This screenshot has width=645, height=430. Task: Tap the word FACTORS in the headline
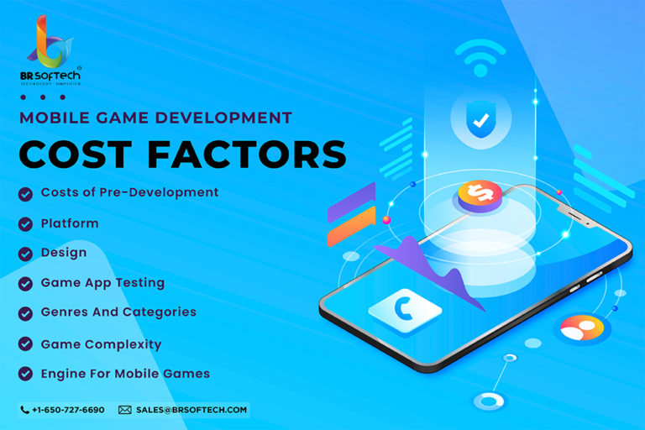pyautogui.click(x=247, y=155)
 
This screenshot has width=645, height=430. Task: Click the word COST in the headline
pyautogui.click(x=76, y=155)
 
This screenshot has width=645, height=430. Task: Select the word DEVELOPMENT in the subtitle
pyautogui.click(x=223, y=118)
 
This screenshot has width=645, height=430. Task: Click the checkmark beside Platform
pyautogui.click(x=25, y=224)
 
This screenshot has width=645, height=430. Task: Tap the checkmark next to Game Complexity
pyautogui.click(x=25, y=343)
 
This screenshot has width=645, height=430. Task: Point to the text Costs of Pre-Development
pyautogui.click(x=129, y=192)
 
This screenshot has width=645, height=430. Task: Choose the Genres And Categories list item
pyautogui.click(x=118, y=312)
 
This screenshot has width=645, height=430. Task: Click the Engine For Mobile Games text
pyautogui.click(x=125, y=374)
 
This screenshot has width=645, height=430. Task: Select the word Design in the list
pyautogui.click(x=64, y=253)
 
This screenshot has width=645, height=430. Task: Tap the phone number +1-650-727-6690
pyautogui.click(x=68, y=410)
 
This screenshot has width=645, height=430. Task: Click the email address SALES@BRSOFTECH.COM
pyautogui.click(x=191, y=410)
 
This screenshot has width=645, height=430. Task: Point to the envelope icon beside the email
pyautogui.click(x=125, y=410)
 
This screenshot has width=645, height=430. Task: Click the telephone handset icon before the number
pyautogui.click(x=24, y=410)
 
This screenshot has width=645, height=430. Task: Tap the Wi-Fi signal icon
pyautogui.click(x=480, y=58)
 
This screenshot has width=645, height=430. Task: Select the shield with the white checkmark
pyautogui.click(x=480, y=119)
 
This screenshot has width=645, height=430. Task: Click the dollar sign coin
pyautogui.click(x=480, y=196)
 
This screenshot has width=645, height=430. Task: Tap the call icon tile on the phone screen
pyautogui.click(x=405, y=310)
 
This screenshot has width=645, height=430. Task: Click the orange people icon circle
pyautogui.click(x=582, y=328)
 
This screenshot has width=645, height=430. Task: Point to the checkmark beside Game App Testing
pyautogui.click(x=25, y=284)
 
